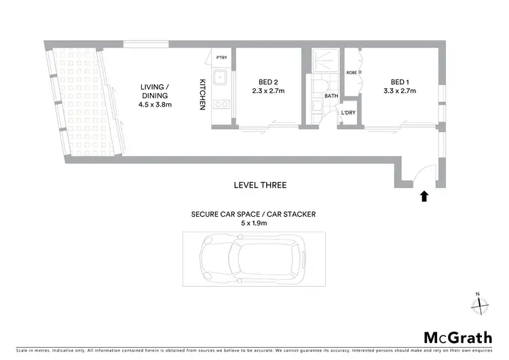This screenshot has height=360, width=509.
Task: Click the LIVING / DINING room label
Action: (x=155, y=91)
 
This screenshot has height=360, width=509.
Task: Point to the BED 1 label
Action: (x=400, y=80)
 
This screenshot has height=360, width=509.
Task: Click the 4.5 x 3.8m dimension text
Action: (x=155, y=105)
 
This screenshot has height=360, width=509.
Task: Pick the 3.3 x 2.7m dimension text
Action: (x=400, y=90)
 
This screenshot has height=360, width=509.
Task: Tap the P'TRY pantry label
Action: (x=221, y=58)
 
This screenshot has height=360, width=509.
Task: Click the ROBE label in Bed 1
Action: (x=352, y=72)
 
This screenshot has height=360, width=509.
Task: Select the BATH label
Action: (x=331, y=96)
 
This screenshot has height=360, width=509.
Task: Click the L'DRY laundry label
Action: (x=349, y=113)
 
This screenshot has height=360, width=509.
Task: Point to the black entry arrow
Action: (x=424, y=196)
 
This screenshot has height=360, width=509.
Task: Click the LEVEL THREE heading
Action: (x=260, y=185)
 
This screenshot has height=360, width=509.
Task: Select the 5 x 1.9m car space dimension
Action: (x=253, y=222)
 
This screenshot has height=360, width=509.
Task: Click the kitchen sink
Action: (x=221, y=79)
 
